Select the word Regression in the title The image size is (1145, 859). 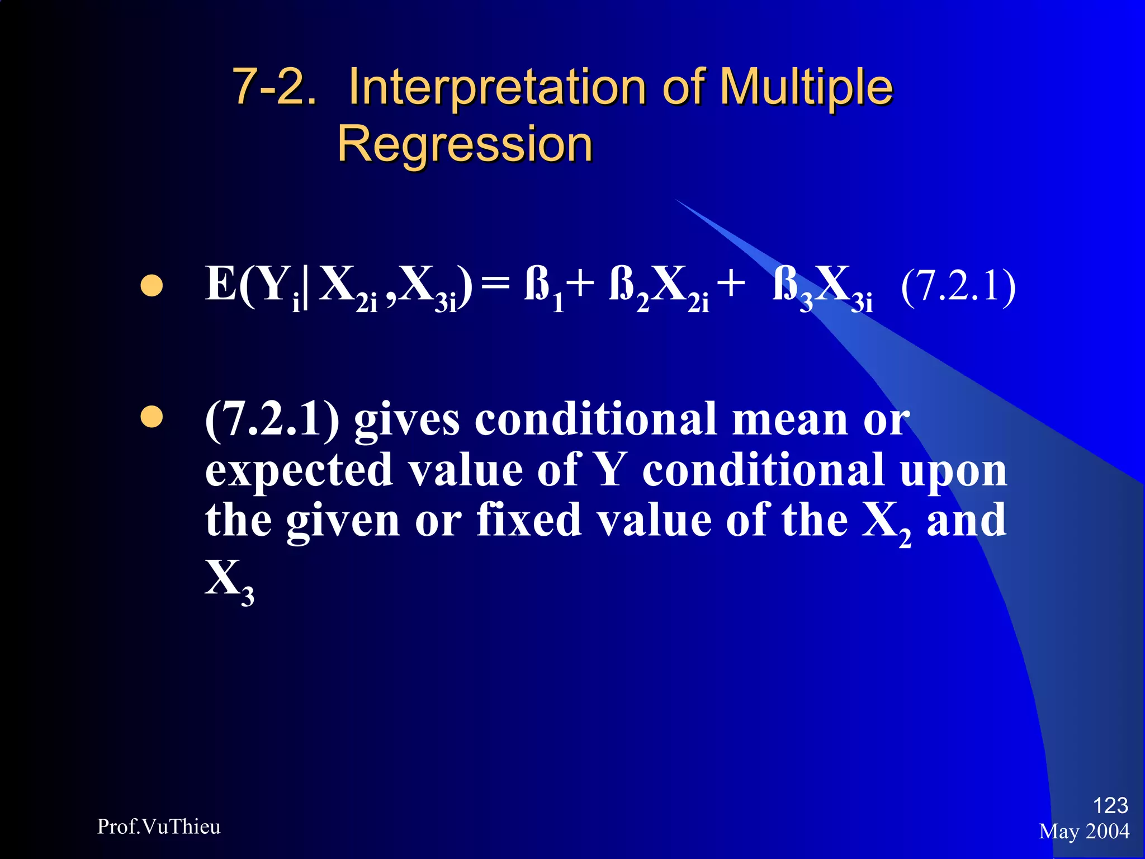tap(465, 144)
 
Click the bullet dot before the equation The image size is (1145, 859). tap(151, 286)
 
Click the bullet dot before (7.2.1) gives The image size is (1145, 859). tap(151, 417)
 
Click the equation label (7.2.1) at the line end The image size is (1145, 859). tap(958, 285)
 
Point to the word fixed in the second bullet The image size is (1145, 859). tap(529, 520)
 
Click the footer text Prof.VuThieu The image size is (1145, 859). tap(159, 827)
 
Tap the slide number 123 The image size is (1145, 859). tap(1110, 805)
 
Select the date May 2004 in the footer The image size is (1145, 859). tap(1084, 832)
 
